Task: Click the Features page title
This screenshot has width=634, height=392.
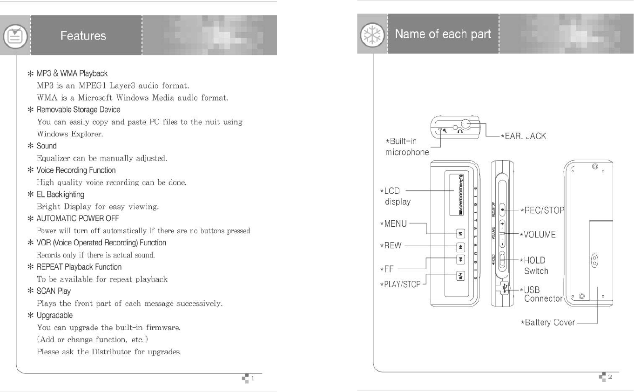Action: tap(83, 36)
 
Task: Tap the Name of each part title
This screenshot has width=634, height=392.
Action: tap(443, 34)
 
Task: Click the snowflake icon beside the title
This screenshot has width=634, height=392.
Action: tap(371, 35)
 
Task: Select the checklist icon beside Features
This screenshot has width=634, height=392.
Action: tap(13, 36)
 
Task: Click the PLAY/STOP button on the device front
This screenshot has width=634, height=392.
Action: tap(460, 276)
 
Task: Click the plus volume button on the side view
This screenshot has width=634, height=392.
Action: tap(502, 224)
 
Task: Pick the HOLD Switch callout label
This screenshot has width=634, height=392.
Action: tap(535, 265)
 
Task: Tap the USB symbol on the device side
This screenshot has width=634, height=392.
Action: tap(506, 288)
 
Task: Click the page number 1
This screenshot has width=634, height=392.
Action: tap(253, 378)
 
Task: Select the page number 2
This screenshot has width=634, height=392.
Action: tap(610, 377)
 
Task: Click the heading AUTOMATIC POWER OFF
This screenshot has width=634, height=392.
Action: tap(78, 218)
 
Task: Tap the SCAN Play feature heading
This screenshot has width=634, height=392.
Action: tap(54, 291)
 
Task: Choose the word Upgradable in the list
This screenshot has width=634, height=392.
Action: tap(54, 315)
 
